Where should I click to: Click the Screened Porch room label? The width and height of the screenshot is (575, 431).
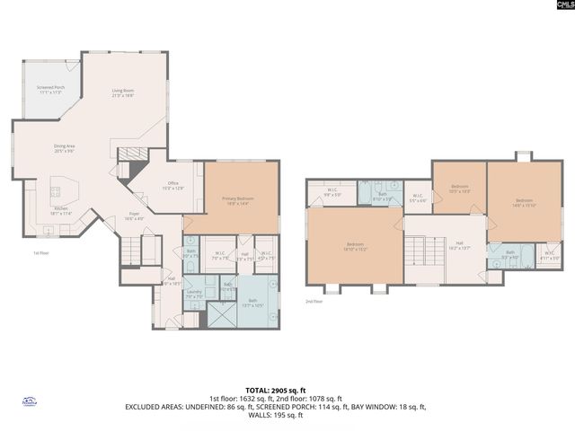(49, 90)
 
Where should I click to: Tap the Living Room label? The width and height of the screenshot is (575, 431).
(122, 92)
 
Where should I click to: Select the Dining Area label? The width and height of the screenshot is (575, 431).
(63, 148)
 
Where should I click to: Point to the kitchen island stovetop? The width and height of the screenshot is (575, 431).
(56, 191)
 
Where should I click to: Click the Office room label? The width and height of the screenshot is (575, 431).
(172, 185)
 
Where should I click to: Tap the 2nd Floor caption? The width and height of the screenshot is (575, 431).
(313, 301)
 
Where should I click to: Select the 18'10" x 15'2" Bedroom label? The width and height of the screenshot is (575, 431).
(355, 246)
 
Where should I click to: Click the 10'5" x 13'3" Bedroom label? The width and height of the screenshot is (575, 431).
(459, 190)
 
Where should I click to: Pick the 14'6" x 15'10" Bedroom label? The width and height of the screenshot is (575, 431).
(524, 202)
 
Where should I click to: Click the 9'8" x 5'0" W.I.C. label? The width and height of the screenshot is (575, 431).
(332, 191)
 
